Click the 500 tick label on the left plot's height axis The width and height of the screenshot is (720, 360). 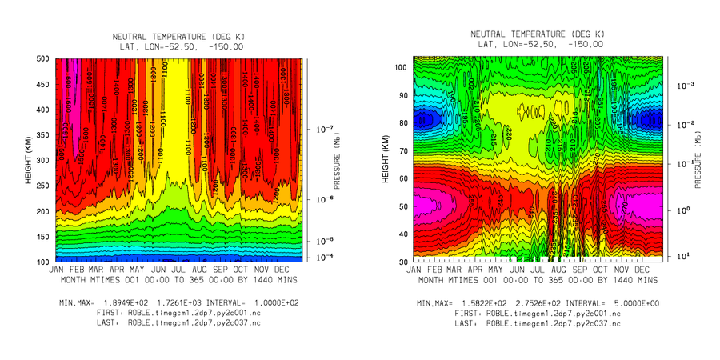click(x=42, y=58)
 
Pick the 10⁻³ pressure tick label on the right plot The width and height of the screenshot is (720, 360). click(x=680, y=85)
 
